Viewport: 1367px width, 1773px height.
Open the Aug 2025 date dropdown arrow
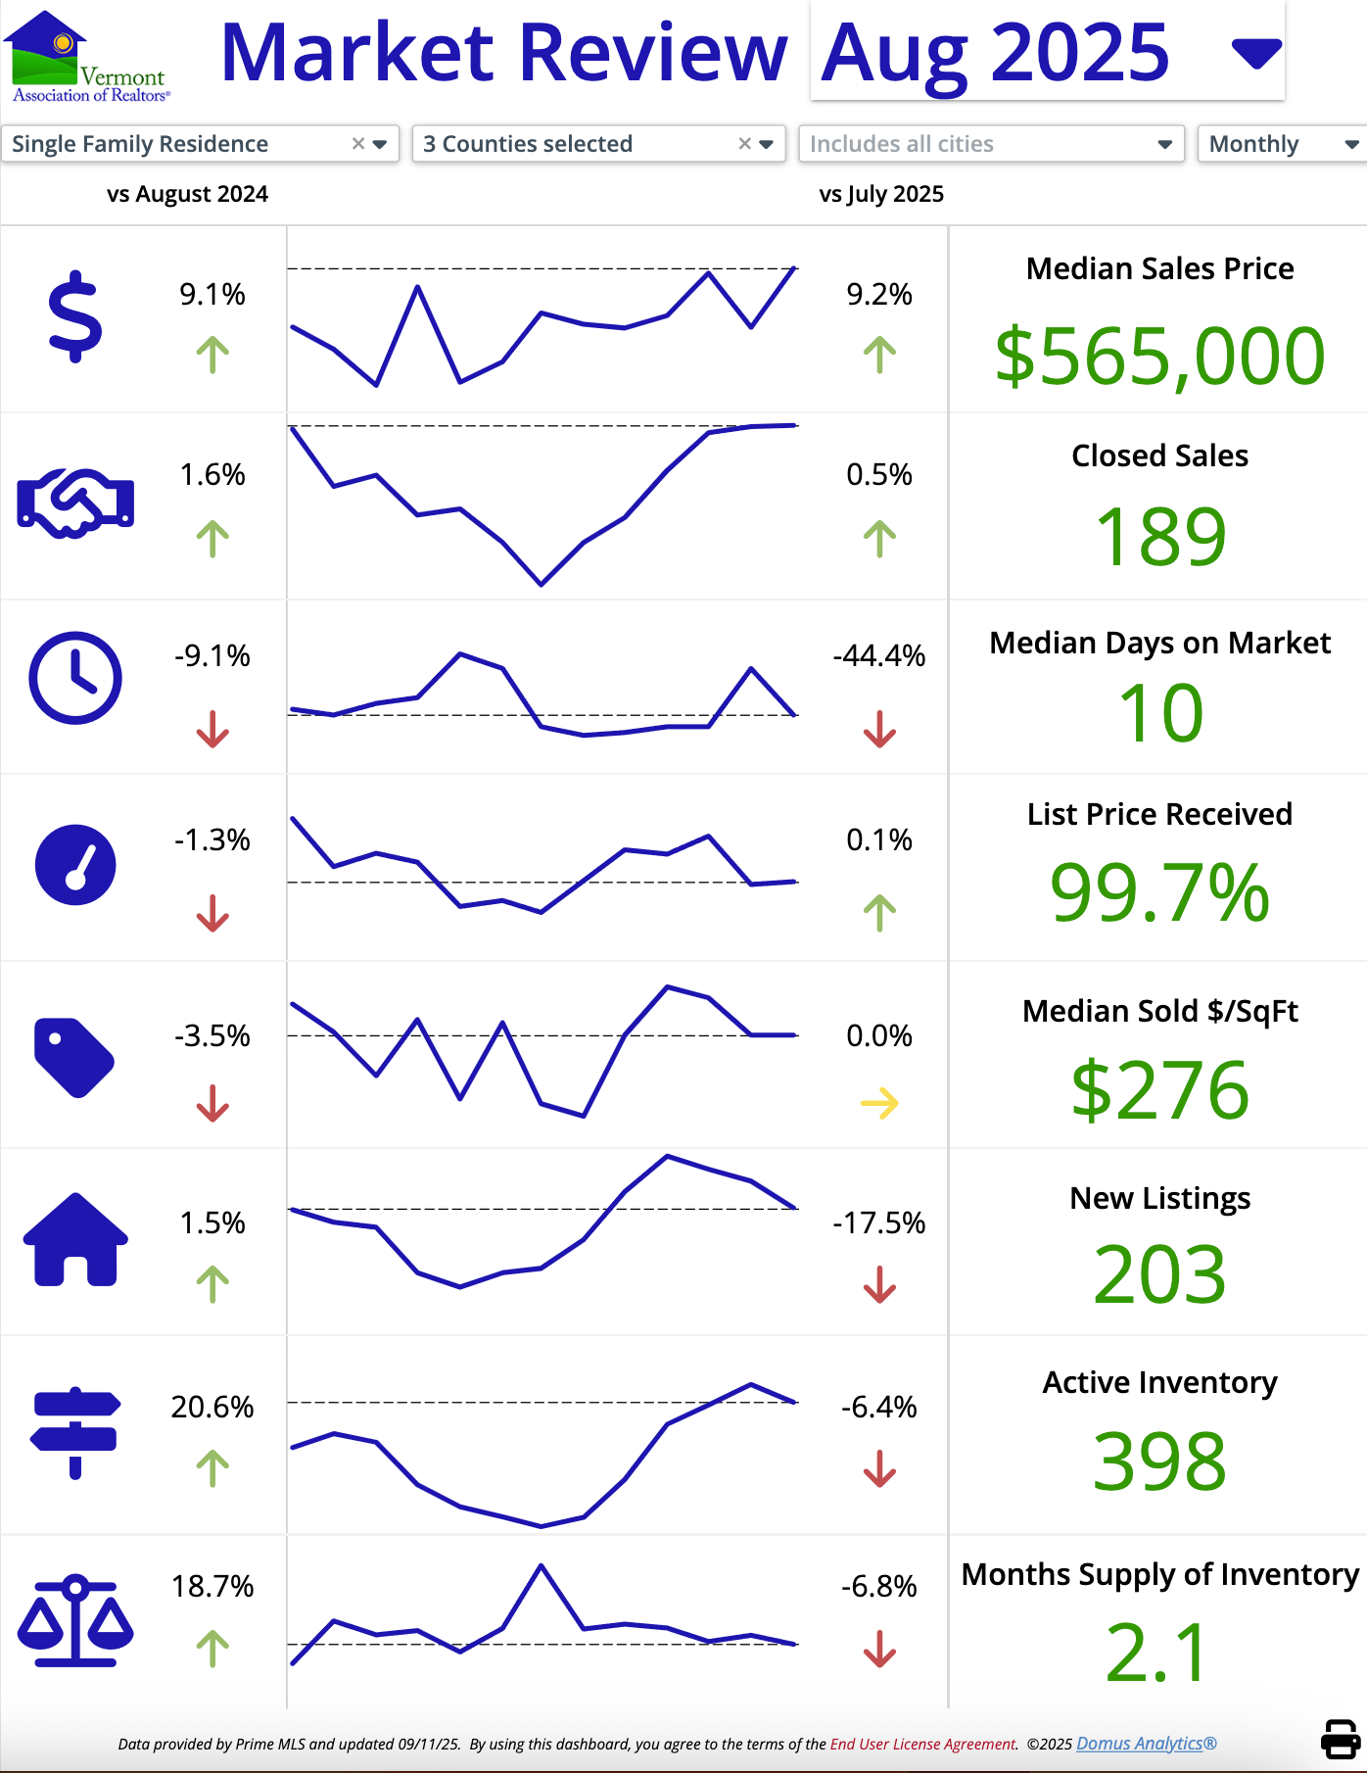pyautogui.click(x=1256, y=53)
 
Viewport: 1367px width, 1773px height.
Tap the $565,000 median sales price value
pyautogui.click(x=1159, y=356)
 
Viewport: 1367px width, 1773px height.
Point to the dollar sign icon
pyautogui.click(x=74, y=318)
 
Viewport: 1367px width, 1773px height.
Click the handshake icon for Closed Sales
pyautogui.click(x=75, y=503)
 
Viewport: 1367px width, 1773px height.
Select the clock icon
pyautogui.click(x=75, y=678)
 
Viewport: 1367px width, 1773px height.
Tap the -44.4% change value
pyautogui.click(x=878, y=655)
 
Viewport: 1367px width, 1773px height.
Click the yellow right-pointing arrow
pyautogui.click(x=879, y=1103)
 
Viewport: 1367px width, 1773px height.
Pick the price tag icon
pyautogui.click(x=73, y=1058)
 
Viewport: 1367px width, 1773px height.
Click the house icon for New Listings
pyautogui.click(x=75, y=1239)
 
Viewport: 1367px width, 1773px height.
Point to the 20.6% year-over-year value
pyautogui.click(x=212, y=1407)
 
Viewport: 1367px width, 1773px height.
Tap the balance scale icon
pyautogui.click(x=75, y=1621)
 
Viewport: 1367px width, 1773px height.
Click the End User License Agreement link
pyautogui.click(x=922, y=1744)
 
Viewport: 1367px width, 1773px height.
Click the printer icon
pyautogui.click(x=1340, y=1739)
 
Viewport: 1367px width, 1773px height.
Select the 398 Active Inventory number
pyautogui.click(x=1159, y=1461)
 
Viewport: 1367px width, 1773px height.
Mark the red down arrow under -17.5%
pyautogui.click(x=879, y=1284)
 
